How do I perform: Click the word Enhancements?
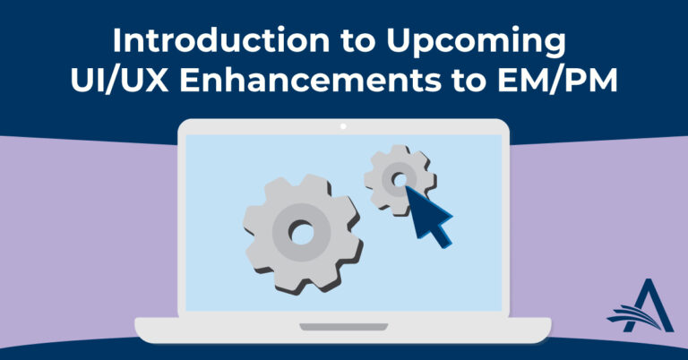click(310, 81)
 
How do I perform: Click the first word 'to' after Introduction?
click(358, 42)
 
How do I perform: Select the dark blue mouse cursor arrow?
click(428, 215)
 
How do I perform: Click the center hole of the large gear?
click(301, 233)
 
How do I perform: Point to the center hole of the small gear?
click(400, 180)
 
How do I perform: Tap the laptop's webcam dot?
click(343, 126)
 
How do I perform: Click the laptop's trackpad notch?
click(344, 327)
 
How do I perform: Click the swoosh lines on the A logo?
click(632, 317)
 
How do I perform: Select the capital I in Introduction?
click(116, 41)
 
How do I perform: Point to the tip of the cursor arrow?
click(405, 186)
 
